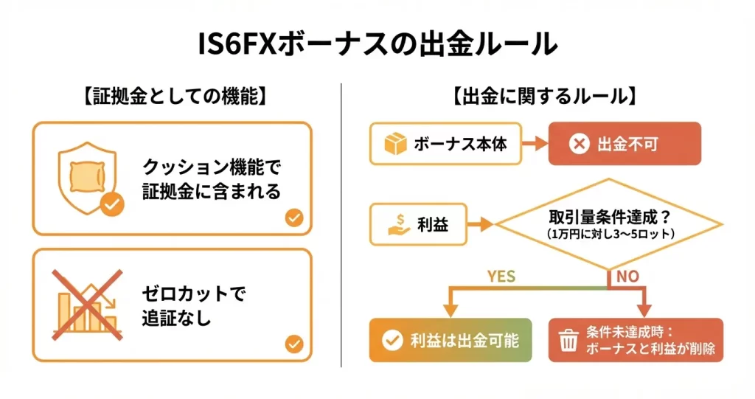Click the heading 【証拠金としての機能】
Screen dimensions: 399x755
pyautogui.click(x=175, y=96)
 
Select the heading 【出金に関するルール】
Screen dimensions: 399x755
pyautogui.click(x=545, y=96)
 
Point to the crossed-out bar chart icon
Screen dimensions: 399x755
pyautogui.click(x=87, y=304)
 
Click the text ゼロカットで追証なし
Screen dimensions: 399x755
pyautogui.click(x=192, y=305)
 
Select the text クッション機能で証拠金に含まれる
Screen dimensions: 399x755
pyautogui.click(x=212, y=179)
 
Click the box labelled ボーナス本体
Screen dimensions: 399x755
pyautogui.click(x=445, y=144)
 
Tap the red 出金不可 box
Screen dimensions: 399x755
pyautogui.click(x=624, y=144)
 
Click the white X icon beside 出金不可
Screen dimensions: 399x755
pyautogui.click(x=580, y=144)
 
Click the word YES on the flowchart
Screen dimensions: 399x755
pyautogui.click(x=501, y=277)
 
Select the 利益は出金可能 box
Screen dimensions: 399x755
pyautogui.click(x=450, y=340)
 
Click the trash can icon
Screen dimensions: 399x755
pyautogui.click(x=568, y=341)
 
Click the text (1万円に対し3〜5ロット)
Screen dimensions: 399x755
pyautogui.click(x=609, y=234)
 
